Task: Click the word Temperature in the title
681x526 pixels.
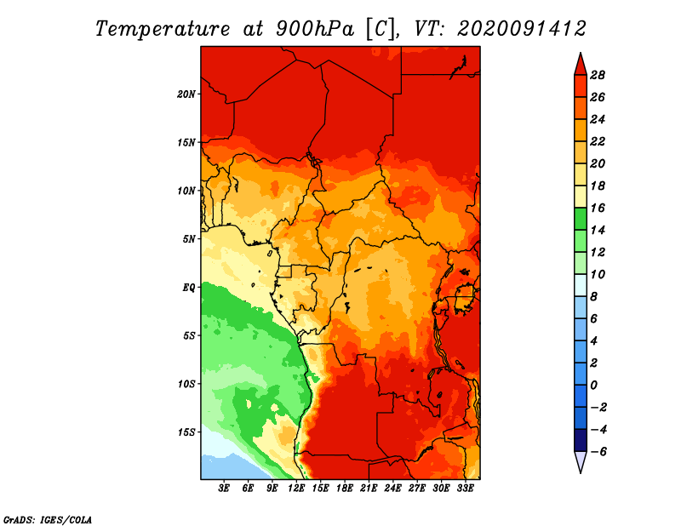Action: pos(163,29)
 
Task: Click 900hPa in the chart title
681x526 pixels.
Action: pos(315,29)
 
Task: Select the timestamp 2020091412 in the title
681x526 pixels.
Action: pos(522,29)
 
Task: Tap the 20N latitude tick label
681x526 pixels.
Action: pos(186,94)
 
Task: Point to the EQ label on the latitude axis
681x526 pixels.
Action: pos(188,288)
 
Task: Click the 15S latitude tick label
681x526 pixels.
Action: pos(186,432)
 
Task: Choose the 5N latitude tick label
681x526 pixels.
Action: pos(189,239)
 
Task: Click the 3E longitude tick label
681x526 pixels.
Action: pos(224,489)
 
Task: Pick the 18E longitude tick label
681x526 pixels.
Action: pos(344,489)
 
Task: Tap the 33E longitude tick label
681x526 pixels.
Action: pos(465,489)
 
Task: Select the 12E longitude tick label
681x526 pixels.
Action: pos(295,489)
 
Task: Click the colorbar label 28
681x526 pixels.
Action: pos(598,75)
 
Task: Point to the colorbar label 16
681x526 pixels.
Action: pos(598,208)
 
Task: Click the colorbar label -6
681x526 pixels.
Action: pos(598,452)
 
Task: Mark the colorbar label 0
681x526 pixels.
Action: pos(593,386)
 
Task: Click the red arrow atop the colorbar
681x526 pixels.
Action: pos(581,66)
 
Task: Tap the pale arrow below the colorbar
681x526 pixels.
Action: pos(581,461)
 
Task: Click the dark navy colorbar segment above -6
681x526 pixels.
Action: pos(581,440)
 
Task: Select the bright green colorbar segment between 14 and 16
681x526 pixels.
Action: pos(581,219)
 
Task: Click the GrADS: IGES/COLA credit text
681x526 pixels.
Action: pos(48,519)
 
